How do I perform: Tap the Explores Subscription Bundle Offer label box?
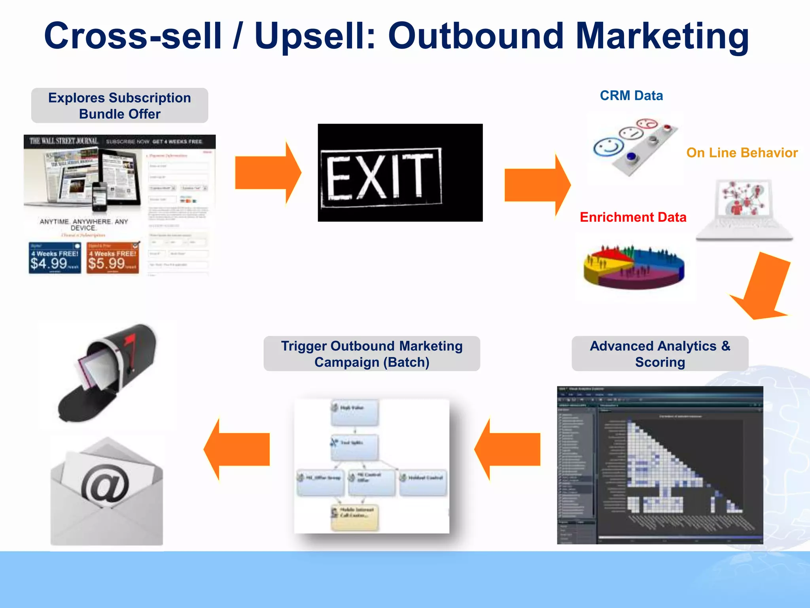(119, 106)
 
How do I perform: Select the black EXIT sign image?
(400, 173)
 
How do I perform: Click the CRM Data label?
(631, 96)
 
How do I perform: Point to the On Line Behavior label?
(742, 153)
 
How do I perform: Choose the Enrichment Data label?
(633, 217)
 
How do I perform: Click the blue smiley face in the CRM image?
(608, 147)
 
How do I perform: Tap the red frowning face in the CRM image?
(647, 124)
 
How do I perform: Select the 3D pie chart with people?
(634, 266)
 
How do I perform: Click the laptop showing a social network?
(745, 210)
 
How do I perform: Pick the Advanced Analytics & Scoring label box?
(660, 354)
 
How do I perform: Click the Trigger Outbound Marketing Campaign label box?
(372, 354)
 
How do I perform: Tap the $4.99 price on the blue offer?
(49, 263)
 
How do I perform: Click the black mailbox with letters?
(107, 372)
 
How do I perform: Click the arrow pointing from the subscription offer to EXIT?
(268, 173)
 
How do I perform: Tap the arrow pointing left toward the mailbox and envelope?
(237, 449)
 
